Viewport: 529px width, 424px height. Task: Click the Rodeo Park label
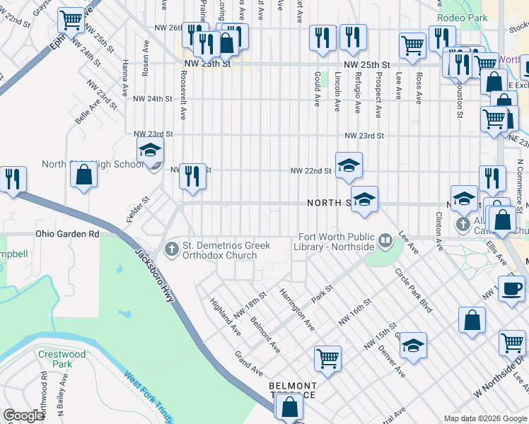(x=463, y=18)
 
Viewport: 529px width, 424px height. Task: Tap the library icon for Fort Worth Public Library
(x=385, y=241)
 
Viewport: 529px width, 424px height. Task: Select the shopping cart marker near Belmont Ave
(x=327, y=358)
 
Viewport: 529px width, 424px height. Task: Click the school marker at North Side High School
(x=150, y=149)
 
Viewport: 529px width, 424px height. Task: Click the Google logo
(x=23, y=416)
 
